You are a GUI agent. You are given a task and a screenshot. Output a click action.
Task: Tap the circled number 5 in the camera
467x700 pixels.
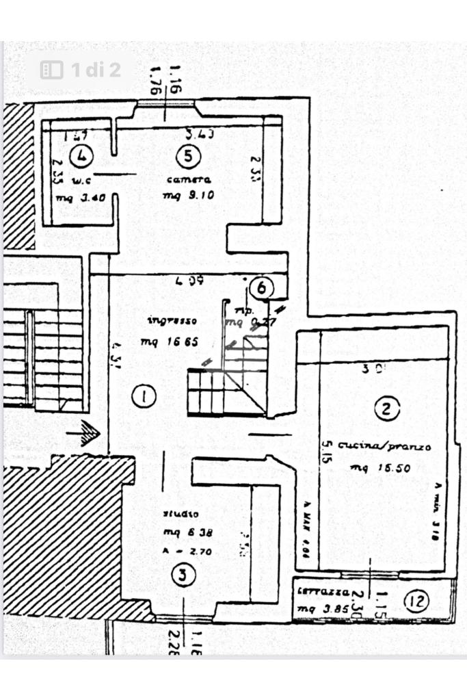click(x=188, y=156)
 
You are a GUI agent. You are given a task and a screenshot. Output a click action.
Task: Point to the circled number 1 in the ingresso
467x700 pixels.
click(x=144, y=396)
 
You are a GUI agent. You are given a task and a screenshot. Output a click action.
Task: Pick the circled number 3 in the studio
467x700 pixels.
click(x=180, y=576)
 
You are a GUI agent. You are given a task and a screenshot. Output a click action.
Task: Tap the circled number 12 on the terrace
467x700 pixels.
click(x=416, y=601)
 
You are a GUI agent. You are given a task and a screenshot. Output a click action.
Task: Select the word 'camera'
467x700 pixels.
click(x=188, y=180)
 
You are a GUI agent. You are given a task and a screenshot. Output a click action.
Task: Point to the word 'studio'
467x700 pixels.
click(x=180, y=514)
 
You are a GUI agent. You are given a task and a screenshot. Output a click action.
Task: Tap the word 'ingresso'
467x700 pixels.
click(x=172, y=320)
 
